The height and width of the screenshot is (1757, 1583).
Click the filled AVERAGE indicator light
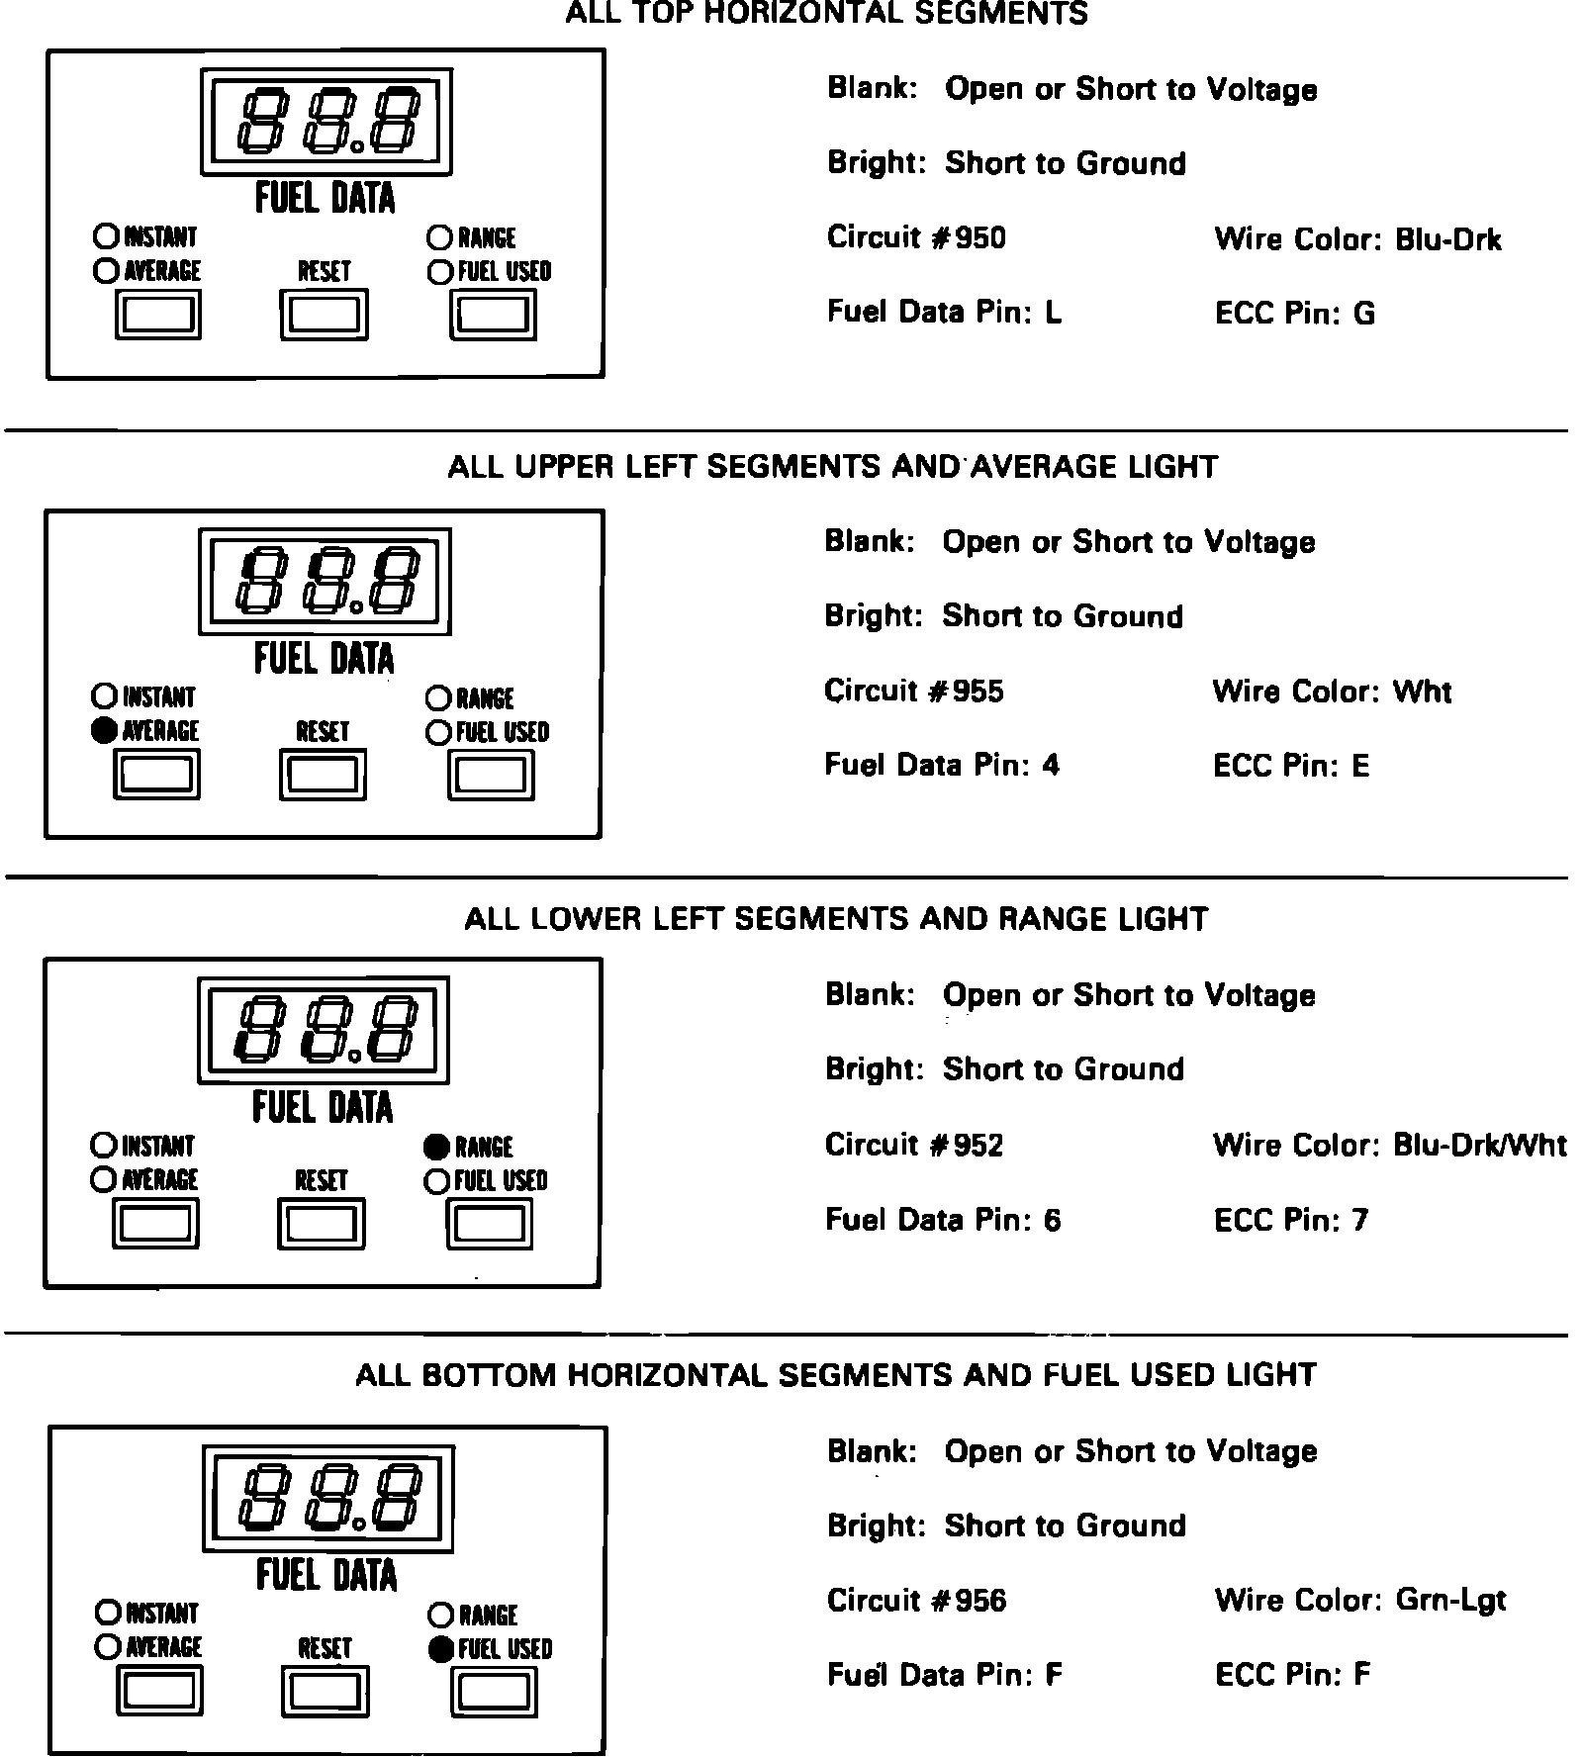pyautogui.click(x=103, y=731)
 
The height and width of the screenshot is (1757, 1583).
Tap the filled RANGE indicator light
pyautogui.click(x=435, y=1146)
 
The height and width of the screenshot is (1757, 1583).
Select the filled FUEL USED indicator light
pyautogui.click(x=441, y=1649)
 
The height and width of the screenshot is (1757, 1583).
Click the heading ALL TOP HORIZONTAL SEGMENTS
pyautogui.click(x=826, y=14)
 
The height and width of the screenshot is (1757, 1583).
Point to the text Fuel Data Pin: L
pyautogui.click(x=944, y=313)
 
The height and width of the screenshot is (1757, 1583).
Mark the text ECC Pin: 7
pyautogui.click(x=1291, y=1220)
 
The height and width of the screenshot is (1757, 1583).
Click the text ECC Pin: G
pyautogui.click(x=1294, y=314)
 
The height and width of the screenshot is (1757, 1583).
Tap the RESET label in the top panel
pyautogui.click(x=325, y=270)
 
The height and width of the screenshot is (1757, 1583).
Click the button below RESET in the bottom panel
pyautogui.click(x=326, y=1691)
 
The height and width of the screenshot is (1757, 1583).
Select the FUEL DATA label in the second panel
pyautogui.click(x=324, y=659)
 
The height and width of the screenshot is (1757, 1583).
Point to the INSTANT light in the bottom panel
pyautogui.click(x=107, y=1613)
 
